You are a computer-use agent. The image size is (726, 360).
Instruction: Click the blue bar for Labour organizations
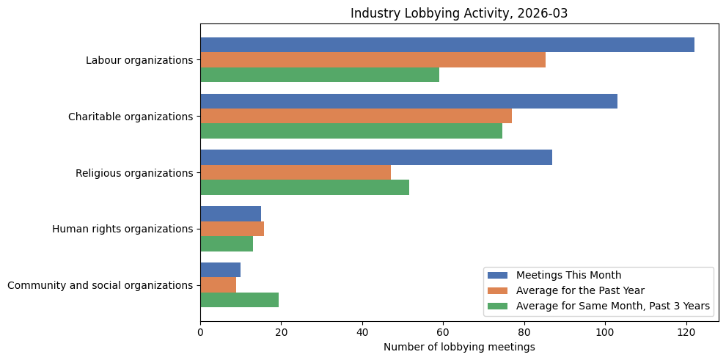click(x=447, y=45)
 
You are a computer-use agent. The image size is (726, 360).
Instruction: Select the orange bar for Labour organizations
click(x=373, y=60)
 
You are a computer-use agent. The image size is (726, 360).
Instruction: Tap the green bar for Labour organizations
click(x=320, y=75)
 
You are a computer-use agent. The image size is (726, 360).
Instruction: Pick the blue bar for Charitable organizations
click(x=408, y=101)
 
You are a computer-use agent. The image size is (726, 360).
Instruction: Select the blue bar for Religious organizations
click(x=376, y=158)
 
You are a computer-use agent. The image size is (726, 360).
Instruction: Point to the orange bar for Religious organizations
click(x=296, y=172)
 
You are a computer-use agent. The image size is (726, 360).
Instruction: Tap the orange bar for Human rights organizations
click(x=232, y=229)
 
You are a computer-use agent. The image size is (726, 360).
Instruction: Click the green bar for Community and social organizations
click(x=239, y=300)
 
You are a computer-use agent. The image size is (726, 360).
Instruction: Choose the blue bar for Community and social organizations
click(x=220, y=270)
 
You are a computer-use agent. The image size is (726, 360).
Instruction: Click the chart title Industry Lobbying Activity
click(x=460, y=13)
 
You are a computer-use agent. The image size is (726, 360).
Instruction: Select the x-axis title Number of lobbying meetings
click(x=459, y=347)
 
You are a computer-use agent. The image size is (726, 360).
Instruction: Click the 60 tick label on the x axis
click(x=443, y=331)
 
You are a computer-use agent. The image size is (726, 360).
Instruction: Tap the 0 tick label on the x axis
click(x=200, y=331)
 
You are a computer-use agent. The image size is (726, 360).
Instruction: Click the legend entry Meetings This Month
click(x=568, y=275)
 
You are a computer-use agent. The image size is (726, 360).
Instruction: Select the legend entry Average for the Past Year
click(x=579, y=290)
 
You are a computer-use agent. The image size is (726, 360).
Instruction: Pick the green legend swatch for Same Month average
click(x=498, y=306)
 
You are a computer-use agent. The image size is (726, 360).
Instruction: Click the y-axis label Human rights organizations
click(x=122, y=229)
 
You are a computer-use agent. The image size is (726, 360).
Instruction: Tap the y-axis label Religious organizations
click(x=134, y=173)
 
